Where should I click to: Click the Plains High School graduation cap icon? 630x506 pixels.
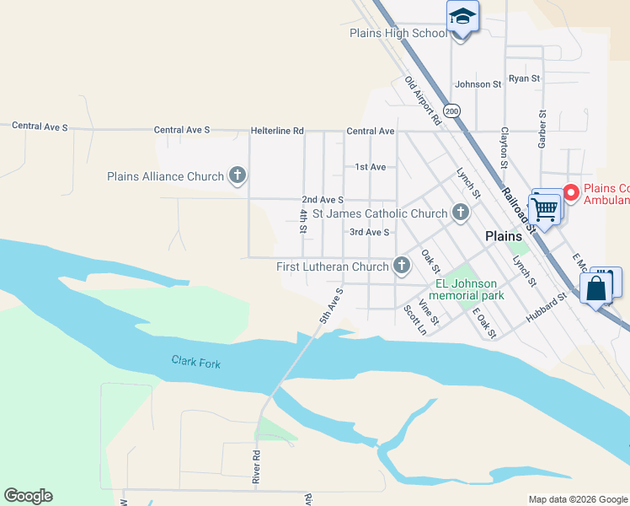click(462, 17)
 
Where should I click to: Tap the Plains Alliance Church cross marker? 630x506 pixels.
click(238, 176)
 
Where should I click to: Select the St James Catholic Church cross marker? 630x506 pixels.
click(460, 213)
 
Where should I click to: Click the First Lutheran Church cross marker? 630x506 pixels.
click(402, 266)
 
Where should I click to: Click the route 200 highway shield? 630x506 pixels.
click(453, 110)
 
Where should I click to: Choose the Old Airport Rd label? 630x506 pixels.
click(423, 101)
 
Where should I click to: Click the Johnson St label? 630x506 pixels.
click(478, 84)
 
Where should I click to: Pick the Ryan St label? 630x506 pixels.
click(524, 78)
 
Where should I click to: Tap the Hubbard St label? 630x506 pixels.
click(547, 309)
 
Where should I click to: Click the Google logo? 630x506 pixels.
click(28, 496)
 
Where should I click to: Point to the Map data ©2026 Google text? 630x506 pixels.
click(577, 499)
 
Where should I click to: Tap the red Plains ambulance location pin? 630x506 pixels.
click(570, 193)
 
